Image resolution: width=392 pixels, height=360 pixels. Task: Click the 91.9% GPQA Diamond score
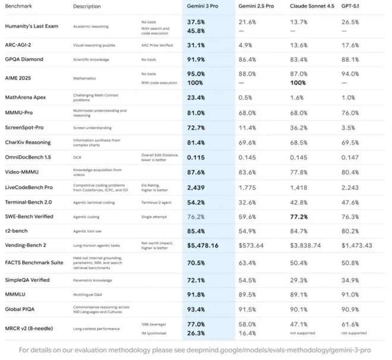[196, 59]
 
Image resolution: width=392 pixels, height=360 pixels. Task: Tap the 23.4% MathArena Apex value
[196, 98]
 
